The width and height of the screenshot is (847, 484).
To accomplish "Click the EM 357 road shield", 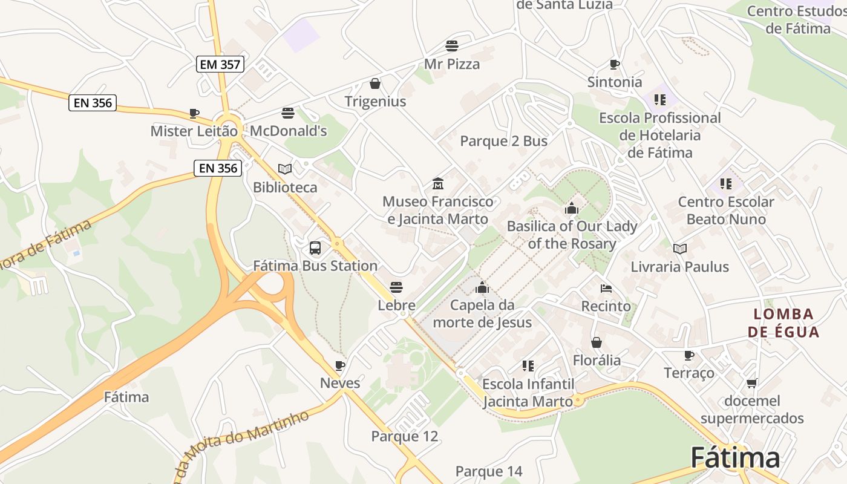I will point(220,64).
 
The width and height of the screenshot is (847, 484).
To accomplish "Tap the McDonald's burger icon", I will point(288,113).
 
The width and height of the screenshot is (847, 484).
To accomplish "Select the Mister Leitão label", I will point(194,131).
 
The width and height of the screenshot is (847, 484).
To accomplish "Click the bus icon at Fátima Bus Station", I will point(315,247).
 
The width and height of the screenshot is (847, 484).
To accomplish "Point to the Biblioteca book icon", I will point(285,169).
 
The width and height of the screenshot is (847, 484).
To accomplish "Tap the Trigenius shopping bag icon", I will point(375,83).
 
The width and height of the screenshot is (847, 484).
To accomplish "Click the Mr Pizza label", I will point(452,64).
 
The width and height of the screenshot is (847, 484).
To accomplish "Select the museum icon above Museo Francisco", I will point(438,183).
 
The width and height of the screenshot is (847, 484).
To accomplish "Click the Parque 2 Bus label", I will point(503,141).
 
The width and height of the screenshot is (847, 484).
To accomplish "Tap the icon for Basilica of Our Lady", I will point(572,209).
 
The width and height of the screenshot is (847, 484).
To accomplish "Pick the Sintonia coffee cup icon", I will point(615,64).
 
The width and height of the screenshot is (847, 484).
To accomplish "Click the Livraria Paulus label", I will point(679,267).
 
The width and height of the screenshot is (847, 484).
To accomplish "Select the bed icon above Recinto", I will point(606,289).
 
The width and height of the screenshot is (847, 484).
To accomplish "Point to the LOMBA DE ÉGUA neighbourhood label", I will point(783,323).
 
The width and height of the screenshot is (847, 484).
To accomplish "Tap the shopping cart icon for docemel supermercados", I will point(752,383).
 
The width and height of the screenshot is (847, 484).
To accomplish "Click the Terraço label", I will point(689,373).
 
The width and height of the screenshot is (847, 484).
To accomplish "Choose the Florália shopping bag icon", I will point(597,342).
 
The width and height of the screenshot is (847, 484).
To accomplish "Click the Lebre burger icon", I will point(396,287).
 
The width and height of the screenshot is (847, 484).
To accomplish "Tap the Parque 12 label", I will point(404,436).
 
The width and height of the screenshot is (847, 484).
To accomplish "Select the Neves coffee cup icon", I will point(340,365).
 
